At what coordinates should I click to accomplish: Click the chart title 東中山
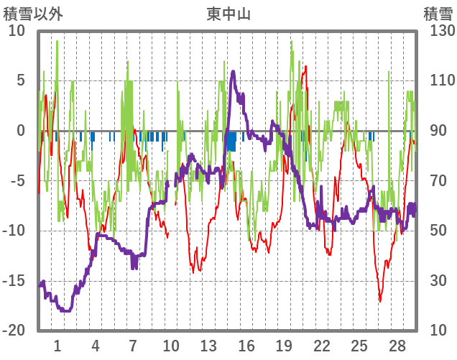tap(228, 13)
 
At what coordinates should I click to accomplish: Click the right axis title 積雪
tap(438, 13)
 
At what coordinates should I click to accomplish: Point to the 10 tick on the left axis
tap(16, 31)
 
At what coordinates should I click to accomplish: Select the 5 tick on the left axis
tap(20, 80)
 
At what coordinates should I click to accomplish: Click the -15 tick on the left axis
tap(14, 281)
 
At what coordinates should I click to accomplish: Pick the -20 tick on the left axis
tap(14, 331)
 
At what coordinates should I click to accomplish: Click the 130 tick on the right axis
tap(438, 31)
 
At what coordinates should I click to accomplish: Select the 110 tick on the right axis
tap(438, 80)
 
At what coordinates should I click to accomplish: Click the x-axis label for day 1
tap(57, 346)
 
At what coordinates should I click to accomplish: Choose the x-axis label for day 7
tap(133, 346)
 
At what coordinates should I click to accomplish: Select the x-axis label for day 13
tap(208, 346)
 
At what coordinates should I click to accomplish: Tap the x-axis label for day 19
tap(284, 346)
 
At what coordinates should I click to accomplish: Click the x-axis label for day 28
tap(397, 346)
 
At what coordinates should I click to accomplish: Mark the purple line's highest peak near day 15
tap(233, 71)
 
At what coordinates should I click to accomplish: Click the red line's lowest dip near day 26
tap(380, 301)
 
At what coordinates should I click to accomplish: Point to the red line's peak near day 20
tap(305, 67)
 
